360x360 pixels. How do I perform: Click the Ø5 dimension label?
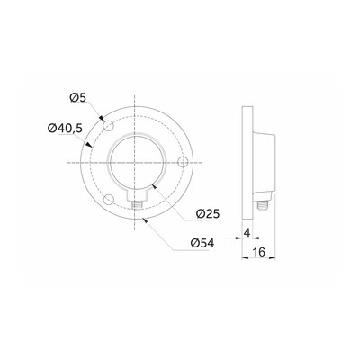pos(78,98)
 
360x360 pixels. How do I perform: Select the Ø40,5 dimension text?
pos(65,129)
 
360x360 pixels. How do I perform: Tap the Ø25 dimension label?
pos(208,214)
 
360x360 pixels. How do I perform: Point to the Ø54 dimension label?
pos(202,243)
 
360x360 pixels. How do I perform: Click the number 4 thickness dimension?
pos(247,232)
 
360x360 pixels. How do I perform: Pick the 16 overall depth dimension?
pos(258,252)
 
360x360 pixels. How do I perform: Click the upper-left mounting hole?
pos(108,125)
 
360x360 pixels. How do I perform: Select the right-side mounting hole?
pos(183,162)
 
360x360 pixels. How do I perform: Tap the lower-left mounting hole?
pos(108,200)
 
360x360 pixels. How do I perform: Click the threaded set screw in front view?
pos(137,205)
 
